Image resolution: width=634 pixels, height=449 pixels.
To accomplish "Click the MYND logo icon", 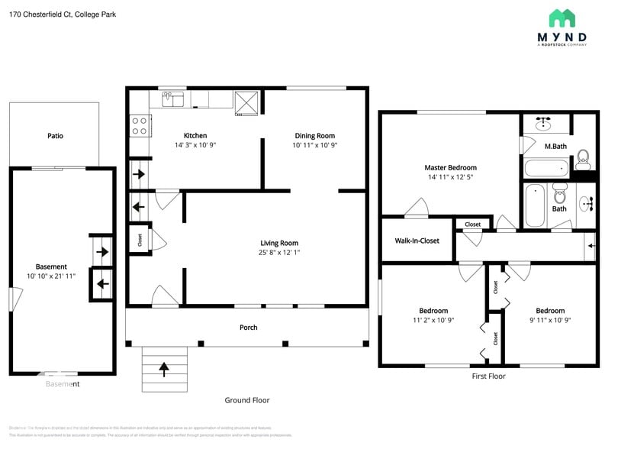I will (562, 18).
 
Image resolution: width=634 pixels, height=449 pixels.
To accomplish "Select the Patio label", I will (55, 136).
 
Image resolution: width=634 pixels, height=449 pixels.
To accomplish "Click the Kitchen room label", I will (195, 136).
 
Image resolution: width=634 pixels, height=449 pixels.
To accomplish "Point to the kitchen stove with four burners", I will (140, 125).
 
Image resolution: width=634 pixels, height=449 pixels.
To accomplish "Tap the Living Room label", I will (278, 244).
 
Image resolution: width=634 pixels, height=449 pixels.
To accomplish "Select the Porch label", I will (248, 328).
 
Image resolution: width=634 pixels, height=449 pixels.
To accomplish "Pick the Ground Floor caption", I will (246, 400).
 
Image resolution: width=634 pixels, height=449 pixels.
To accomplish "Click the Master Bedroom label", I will (450, 168).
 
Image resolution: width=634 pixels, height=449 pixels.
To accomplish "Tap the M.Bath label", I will (555, 146).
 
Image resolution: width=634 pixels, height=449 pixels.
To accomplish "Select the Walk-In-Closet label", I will (417, 241).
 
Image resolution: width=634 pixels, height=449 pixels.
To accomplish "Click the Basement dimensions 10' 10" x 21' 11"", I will (51, 276).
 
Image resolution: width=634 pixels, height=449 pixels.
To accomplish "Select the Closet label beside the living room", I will (140, 239).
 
